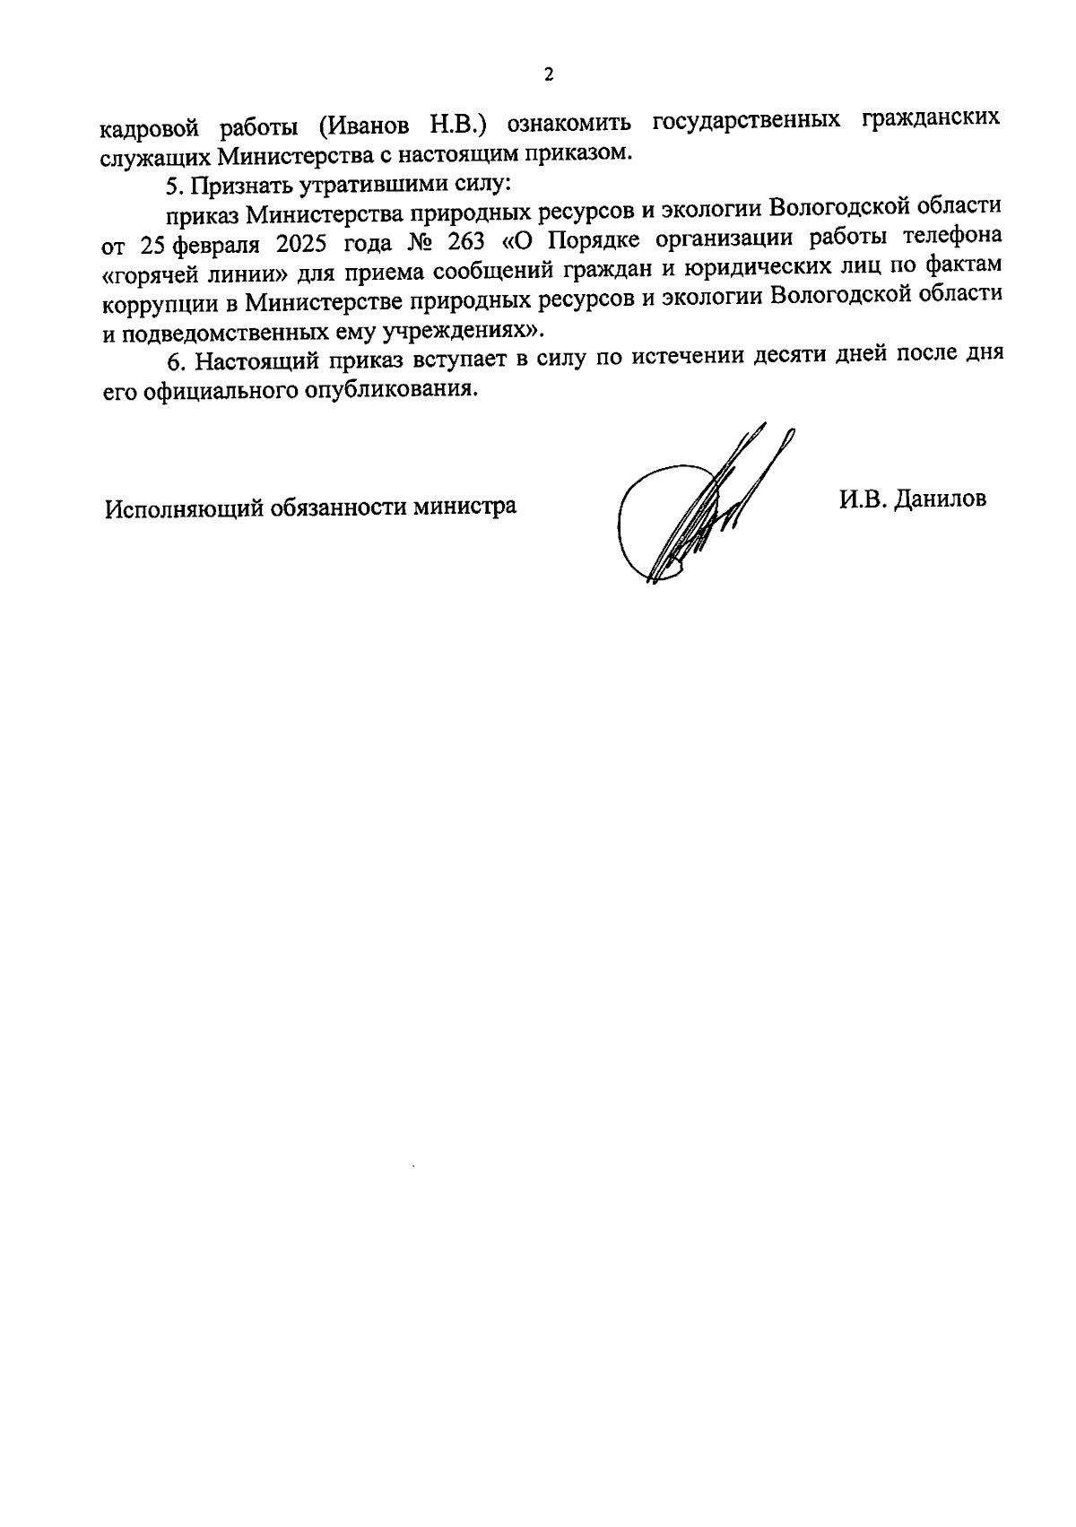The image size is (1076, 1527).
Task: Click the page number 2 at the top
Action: click(549, 74)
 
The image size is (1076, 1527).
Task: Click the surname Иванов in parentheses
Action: click(369, 124)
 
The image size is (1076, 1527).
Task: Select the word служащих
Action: click(153, 155)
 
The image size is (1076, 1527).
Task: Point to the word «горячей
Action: click(151, 272)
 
